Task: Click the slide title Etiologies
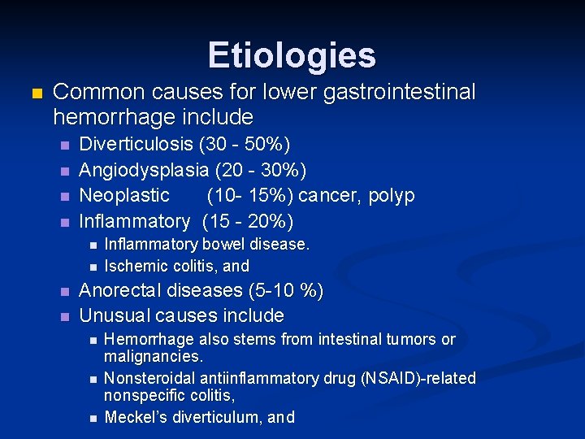292,55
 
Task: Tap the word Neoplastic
124,195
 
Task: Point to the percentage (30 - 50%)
245,145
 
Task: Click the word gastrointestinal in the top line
400,93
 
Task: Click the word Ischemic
135,266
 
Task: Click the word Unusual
112,315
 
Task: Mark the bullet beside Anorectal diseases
65,291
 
